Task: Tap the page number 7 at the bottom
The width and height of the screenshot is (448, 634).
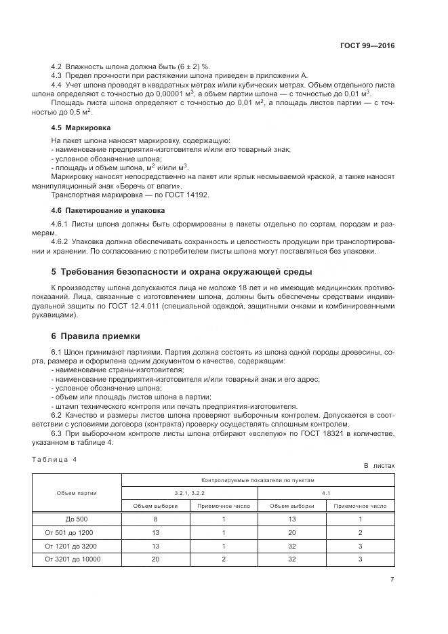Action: click(x=392, y=579)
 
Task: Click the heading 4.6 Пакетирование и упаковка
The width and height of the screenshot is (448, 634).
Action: click(x=98, y=210)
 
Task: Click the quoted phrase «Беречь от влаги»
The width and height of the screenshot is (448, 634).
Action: click(x=149, y=185)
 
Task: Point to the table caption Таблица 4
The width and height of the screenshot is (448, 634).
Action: click(x=55, y=459)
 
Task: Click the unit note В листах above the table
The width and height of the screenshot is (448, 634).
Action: click(x=379, y=467)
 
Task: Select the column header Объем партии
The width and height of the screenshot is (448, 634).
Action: click(x=77, y=492)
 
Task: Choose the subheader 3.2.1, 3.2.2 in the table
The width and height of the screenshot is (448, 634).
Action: click(x=189, y=493)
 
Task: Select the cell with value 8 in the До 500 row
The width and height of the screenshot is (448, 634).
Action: click(x=155, y=519)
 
